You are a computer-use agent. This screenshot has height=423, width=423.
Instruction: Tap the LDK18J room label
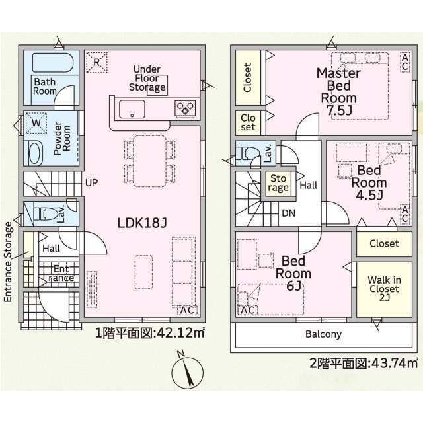point(141,224)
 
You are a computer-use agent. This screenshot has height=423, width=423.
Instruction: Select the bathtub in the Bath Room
point(54,63)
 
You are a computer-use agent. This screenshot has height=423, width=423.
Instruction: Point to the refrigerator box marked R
point(96,63)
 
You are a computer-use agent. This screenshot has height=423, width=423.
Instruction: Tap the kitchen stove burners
point(184,108)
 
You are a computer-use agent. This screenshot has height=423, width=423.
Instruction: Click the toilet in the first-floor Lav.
point(45,213)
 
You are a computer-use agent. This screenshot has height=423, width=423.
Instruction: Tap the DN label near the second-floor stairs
point(288,213)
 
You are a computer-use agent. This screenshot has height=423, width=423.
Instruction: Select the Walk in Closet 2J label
point(383,289)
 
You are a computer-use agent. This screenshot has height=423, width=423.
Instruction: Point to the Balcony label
point(323,334)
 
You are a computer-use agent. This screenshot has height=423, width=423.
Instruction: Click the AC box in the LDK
point(188,309)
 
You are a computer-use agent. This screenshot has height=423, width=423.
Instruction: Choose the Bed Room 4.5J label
point(371,182)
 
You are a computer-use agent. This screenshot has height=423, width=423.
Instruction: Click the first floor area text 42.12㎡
point(149,334)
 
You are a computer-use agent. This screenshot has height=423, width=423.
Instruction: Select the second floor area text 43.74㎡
point(364,363)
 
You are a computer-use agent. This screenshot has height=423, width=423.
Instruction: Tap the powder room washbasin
point(33,153)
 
